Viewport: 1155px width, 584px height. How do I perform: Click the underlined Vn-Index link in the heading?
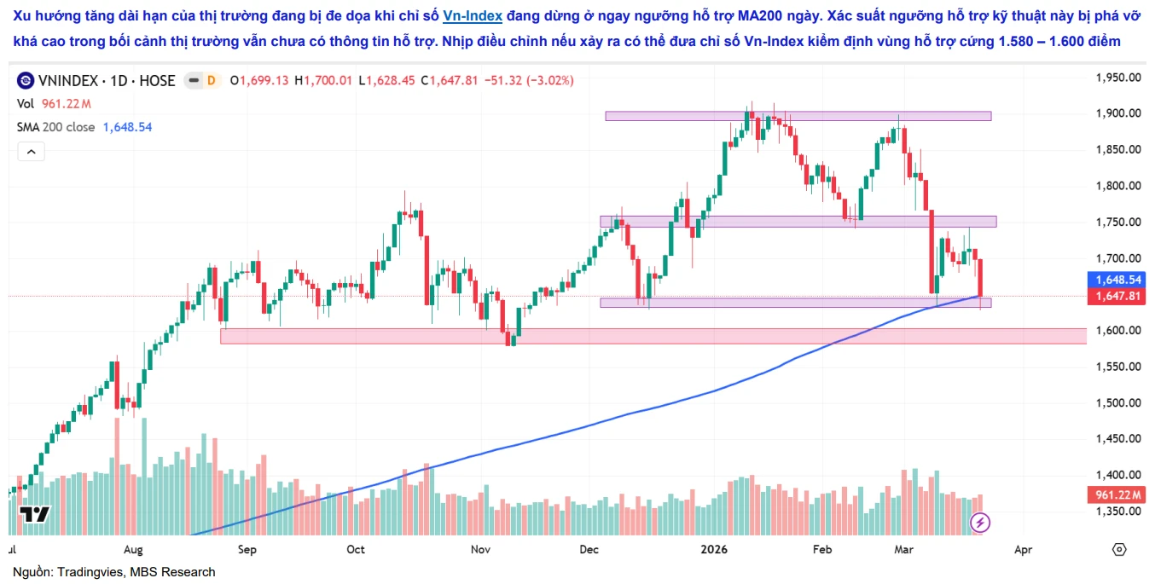click(473, 15)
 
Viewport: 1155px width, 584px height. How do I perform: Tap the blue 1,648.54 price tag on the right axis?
click(1117, 280)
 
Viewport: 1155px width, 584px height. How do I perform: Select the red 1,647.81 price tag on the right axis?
click(1117, 297)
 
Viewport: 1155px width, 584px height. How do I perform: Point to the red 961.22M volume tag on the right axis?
click(1117, 495)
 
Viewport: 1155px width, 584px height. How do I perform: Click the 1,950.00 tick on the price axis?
click(1117, 78)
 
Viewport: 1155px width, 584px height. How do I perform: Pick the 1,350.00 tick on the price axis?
click(1117, 512)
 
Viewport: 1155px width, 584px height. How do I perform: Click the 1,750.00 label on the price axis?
click(1117, 223)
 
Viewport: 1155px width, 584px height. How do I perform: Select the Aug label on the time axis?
click(133, 550)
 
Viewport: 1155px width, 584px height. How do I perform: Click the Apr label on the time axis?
click(1023, 550)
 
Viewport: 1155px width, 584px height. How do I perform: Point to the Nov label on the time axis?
click(481, 550)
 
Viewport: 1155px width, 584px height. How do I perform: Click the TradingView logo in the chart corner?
click(35, 514)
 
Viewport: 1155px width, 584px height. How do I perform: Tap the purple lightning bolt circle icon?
click(981, 522)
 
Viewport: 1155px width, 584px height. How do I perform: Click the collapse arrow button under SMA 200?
click(31, 152)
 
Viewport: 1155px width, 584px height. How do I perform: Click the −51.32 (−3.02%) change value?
click(529, 81)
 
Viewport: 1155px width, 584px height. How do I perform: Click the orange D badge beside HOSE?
click(211, 81)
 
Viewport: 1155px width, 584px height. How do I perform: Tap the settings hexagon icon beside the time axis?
click(1119, 549)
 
